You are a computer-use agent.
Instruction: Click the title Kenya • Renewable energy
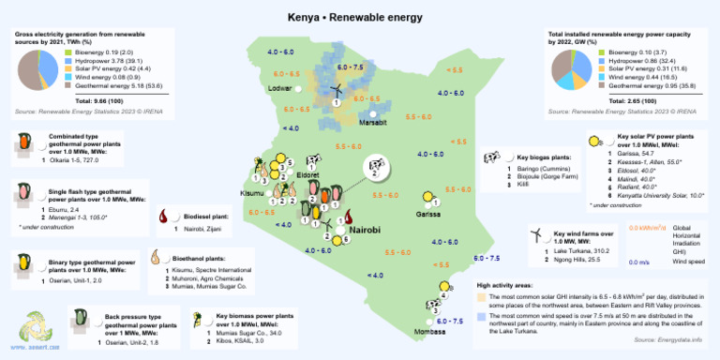359,19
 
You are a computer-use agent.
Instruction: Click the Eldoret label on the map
307,175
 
